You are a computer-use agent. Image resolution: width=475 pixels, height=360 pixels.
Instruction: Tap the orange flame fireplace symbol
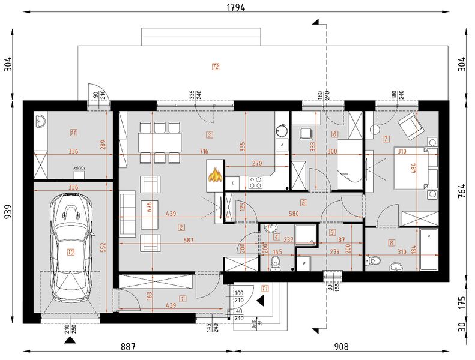click(214, 175)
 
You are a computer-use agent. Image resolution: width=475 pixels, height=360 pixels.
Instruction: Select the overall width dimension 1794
click(238, 8)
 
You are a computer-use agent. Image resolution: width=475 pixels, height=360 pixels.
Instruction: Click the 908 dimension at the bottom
click(341, 346)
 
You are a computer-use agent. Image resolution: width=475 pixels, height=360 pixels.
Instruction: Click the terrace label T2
click(216, 67)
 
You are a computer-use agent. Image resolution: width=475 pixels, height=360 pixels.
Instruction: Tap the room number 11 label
click(73, 133)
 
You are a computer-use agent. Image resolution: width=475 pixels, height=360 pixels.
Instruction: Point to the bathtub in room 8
click(429, 248)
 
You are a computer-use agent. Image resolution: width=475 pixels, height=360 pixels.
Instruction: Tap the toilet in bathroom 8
click(374, 260)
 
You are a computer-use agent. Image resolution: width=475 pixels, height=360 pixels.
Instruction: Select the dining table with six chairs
click(159, 143)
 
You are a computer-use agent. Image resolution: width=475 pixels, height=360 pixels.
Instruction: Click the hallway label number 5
click(304, 203)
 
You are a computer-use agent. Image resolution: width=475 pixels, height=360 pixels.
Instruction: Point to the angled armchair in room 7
click(411, 124)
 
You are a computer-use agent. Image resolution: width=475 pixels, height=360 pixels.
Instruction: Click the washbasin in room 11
click(41, 122)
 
